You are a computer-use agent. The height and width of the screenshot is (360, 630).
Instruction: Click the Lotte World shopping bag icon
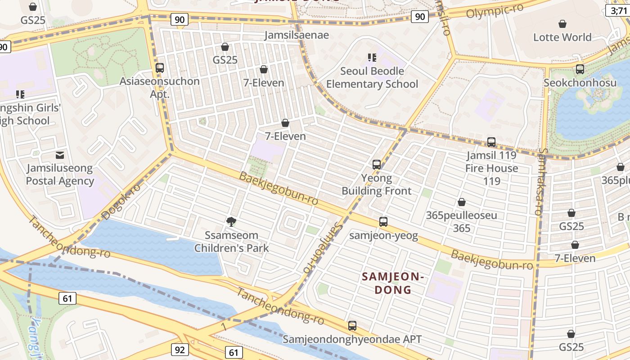click(562, 23)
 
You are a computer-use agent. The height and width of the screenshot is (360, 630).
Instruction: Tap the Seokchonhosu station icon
click(580, 69)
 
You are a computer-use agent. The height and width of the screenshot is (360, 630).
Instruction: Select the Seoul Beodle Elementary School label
click(372, 77)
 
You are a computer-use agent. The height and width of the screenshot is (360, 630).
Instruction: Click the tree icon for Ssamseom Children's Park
click(231, 221)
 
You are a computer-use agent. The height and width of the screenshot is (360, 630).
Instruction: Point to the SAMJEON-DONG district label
click(393, 283)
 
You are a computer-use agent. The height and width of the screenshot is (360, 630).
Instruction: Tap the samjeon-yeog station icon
click(383, 222)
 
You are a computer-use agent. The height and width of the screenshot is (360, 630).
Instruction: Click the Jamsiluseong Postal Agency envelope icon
click(59, 155)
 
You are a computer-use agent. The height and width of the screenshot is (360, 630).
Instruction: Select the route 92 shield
click(180, 350)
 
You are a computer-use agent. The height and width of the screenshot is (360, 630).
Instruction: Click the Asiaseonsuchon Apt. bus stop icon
click(159, 68)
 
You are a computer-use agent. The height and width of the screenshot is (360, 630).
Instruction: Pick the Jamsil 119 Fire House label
click(492, 162)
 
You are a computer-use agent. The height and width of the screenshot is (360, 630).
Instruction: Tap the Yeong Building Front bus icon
click(377, 165)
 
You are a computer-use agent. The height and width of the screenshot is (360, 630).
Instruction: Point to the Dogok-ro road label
click(121, 202)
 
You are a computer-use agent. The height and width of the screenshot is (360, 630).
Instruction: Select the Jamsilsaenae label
click(297, 35)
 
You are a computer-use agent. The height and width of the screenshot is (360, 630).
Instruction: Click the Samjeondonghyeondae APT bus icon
click(352, 325)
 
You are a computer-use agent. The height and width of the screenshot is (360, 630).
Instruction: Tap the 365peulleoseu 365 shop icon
click(461, 202)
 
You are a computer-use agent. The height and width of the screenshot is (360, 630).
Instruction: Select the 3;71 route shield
click(618, 10)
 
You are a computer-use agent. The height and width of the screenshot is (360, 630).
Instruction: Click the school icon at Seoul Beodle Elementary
click(372, 57)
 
